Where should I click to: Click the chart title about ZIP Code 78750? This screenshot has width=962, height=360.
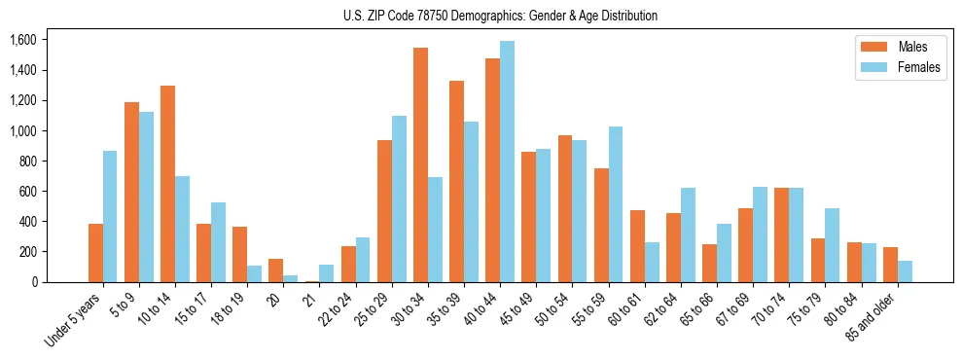click(x=500, y=16)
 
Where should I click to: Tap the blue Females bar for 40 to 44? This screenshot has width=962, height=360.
click(x=507, y=162)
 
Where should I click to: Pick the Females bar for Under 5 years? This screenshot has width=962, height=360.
click(x=110, y=217)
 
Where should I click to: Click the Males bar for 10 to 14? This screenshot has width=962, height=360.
click(x=167, y=184)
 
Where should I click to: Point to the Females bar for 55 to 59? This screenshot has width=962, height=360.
click(x=616, y=204)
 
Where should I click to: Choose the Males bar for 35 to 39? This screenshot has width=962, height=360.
click(x=456, y=182)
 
